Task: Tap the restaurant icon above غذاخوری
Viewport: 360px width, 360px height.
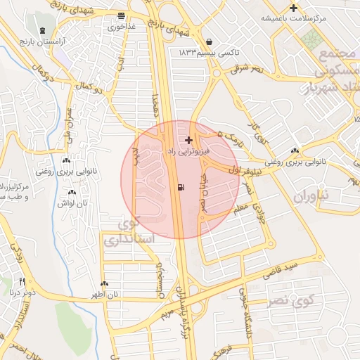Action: coord(122,15)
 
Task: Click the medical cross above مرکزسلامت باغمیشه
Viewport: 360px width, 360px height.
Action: coord(293,8)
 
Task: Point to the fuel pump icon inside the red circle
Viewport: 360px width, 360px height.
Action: coord(182,187)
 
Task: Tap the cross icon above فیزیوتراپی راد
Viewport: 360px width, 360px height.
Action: coord(188,140)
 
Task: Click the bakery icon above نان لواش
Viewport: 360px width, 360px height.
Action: coord(72,192)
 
